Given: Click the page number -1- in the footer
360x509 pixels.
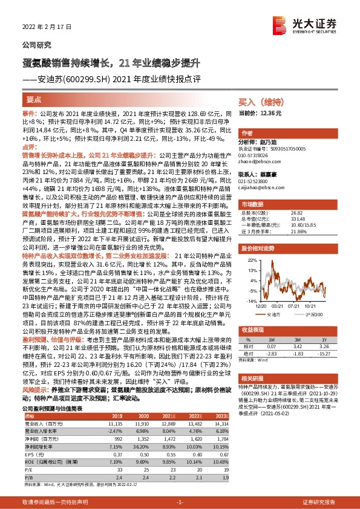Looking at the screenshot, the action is (179, 502).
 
